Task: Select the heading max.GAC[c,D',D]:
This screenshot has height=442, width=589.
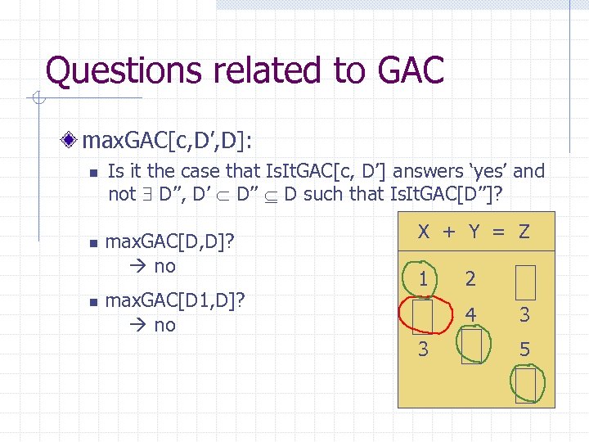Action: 167,142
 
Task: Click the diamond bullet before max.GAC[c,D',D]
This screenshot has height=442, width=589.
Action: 73,142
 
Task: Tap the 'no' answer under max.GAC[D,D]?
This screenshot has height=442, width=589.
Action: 164,266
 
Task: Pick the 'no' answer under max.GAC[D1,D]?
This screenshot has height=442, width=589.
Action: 164,325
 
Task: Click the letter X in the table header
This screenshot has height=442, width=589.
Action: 424,232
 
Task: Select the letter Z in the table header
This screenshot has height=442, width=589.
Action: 524,232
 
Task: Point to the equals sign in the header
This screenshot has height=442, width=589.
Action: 499,232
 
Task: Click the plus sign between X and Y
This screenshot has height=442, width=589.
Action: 449,232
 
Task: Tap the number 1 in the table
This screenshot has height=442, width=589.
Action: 422,278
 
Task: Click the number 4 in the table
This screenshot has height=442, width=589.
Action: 471,313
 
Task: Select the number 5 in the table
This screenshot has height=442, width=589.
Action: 524,350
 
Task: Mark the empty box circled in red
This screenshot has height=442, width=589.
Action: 422,313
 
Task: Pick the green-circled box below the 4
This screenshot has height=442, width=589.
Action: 471,347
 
